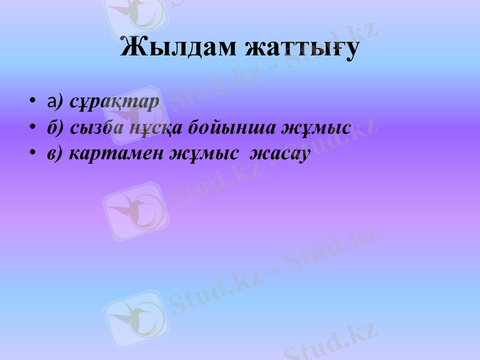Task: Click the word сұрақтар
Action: [x=114, y=101]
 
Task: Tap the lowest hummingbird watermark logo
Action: [x=134, y=318]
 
